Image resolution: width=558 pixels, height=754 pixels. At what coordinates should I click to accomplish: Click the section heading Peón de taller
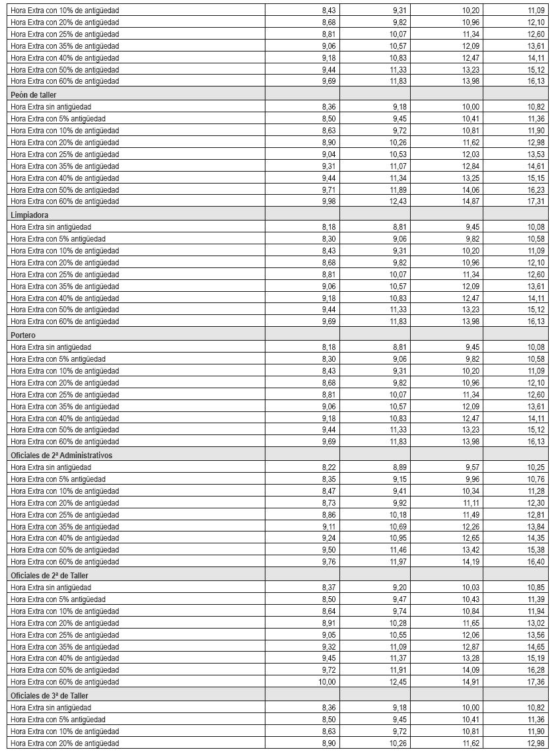pyautogui.click(x=34, y=94)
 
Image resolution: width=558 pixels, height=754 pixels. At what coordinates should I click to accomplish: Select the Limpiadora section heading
pyautogui.click(x=30, y=215)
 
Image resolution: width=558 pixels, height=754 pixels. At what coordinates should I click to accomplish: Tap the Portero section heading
pyautogui.click(x=24, y=335)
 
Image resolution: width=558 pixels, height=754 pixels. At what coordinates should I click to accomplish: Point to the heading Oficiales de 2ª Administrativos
pyautogui.click(x=61, y=455)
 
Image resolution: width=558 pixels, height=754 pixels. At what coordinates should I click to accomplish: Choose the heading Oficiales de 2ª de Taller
pyautogui.click(x=50, y=575)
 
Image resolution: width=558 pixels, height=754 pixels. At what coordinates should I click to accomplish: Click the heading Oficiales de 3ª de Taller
pyautogui.click(x=50, y=695)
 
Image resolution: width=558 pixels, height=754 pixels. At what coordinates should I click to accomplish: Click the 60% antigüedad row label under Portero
pyautogui.click(x=65, y=441)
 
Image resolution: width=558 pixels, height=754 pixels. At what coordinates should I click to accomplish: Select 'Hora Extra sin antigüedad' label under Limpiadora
pyautogui.click(x=51, y=226)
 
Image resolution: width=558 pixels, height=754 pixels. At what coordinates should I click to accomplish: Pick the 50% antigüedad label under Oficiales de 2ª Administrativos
pyautogui.click(x=65, y=549)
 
